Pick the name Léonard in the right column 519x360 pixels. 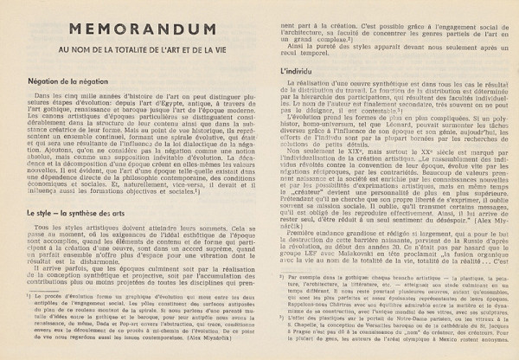click(375, 136)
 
